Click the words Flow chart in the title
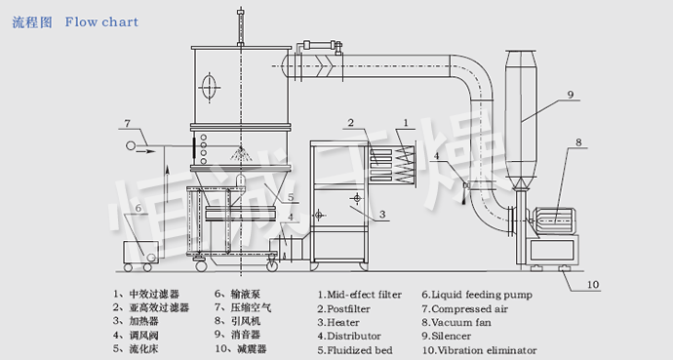click(101, 21)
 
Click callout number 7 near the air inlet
click(128, 123)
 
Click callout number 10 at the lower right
click(594, 286)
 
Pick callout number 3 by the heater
click(382, 214)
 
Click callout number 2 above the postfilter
click(348, 123)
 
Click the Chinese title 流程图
click(31, 21)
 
